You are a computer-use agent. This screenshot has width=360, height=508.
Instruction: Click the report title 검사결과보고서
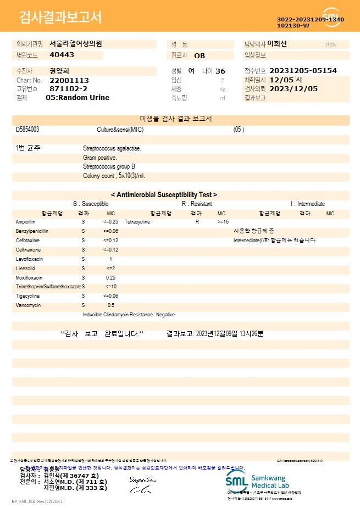click(60, 18)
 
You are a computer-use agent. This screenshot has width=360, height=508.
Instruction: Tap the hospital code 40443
click(62, 55)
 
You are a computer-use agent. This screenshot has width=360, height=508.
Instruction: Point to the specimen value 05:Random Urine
click(77, 97)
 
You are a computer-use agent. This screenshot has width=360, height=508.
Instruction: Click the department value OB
click(200, 55)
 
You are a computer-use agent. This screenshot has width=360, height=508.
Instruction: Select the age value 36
click(220, 71)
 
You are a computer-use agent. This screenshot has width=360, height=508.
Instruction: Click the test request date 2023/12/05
click(294, 88)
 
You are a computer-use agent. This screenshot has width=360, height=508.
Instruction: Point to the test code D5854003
click(27, 130)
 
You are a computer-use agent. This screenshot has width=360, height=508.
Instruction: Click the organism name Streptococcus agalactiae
click(112, 148)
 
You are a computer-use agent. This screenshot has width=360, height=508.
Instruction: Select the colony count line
click(114, 176)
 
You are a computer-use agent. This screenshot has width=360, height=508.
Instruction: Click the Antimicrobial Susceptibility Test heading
click(164, 194)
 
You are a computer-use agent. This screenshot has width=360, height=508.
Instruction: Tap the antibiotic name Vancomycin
click(26, 305)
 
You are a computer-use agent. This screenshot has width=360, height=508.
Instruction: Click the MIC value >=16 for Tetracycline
click(223, 222)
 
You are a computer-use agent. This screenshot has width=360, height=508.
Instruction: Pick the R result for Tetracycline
click(197, 222)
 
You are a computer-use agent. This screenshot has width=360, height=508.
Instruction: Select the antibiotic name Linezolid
click(25, 269)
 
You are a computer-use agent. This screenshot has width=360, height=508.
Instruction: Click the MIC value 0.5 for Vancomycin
click(110, 305)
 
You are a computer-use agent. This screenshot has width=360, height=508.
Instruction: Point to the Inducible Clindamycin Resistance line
click(129, 315)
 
